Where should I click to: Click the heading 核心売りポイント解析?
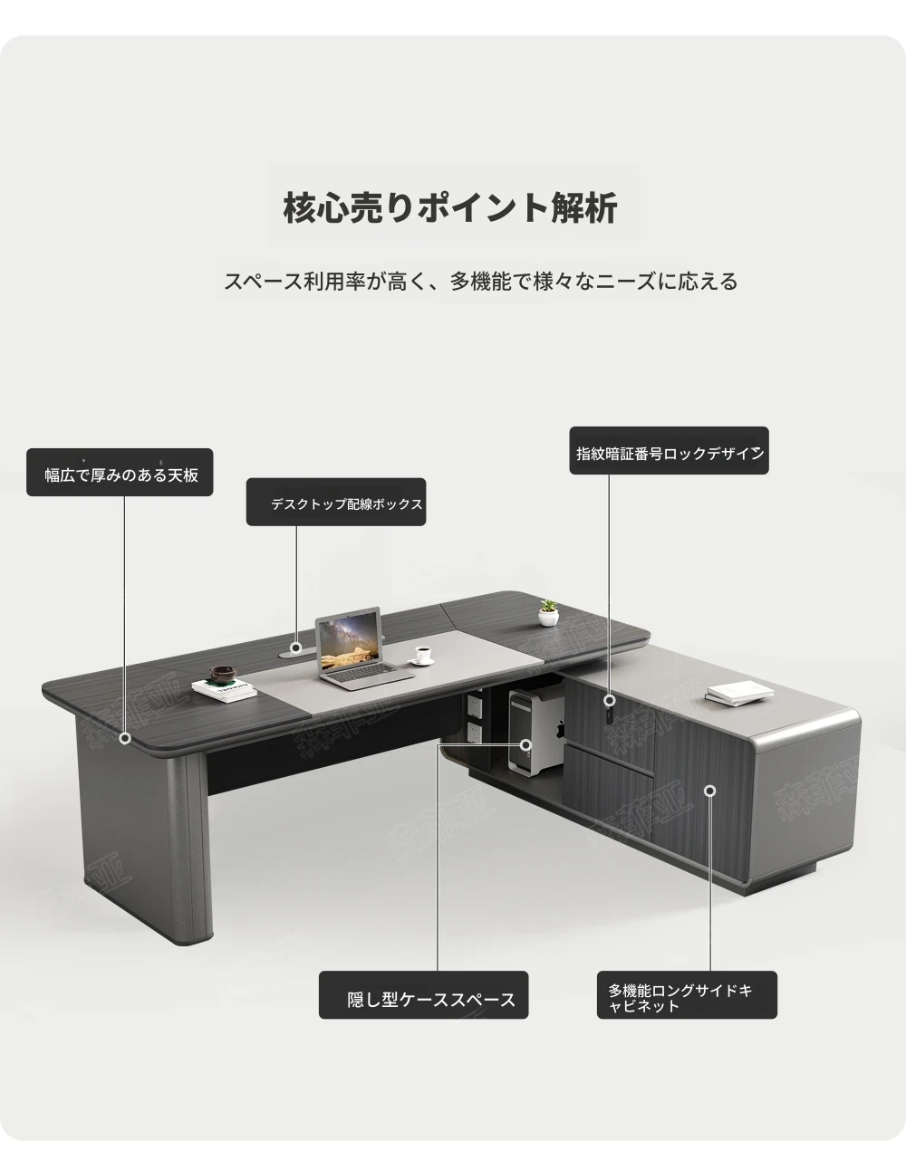tap(450, 207)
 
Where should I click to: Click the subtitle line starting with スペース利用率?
tap(480, 281)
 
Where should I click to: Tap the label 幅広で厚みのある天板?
tap(121, 475)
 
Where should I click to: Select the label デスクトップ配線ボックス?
tap(346, 504)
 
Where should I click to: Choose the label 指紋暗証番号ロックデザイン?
tap(670, 454)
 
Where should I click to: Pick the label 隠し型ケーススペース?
tap(431, 1000)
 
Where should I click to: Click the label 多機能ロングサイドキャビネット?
tap(680, 998)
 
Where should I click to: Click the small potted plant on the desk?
tap(548, 613)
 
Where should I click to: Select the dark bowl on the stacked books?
tap(221, 674)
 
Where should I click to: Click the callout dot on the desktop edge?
tap(125, 738)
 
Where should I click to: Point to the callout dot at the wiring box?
tap(295, 647)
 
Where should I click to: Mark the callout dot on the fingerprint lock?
tap(609, 701)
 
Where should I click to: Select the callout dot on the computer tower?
tap(525, 745)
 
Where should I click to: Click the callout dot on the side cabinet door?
tap(710, 791)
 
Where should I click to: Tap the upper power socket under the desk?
tap(474, 704)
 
